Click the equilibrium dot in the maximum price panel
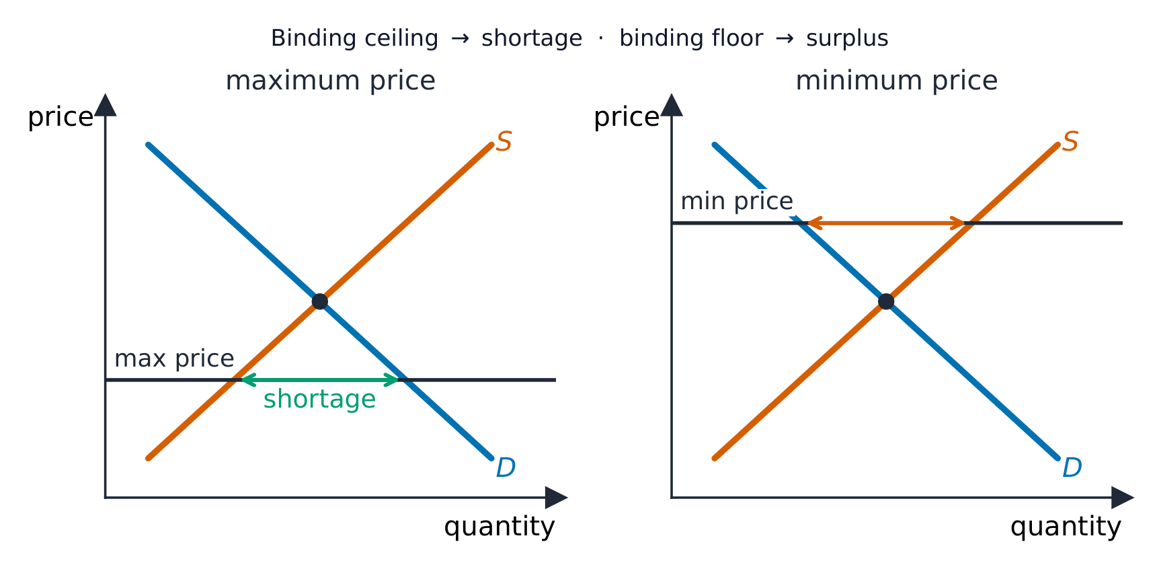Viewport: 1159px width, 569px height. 320,301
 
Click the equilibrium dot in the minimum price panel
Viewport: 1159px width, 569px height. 886,301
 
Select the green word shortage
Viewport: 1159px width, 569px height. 319,400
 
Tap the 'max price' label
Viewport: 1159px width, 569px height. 174,358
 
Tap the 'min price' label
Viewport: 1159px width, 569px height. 737,201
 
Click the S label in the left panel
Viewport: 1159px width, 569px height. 504,142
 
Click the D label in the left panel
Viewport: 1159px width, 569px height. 506,467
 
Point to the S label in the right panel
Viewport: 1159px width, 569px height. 1070,142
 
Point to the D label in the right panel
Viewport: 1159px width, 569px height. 1072,467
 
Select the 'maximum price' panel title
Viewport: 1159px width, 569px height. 330,81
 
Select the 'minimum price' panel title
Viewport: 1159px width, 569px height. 896,81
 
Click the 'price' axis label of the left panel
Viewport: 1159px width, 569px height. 61,118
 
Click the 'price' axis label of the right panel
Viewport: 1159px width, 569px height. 627,118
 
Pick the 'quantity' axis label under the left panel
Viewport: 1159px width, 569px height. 499,527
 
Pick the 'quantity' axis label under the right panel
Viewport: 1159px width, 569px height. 1066,527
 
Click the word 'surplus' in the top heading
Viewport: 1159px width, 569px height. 847,39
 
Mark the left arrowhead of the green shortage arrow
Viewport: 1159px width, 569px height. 246,380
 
